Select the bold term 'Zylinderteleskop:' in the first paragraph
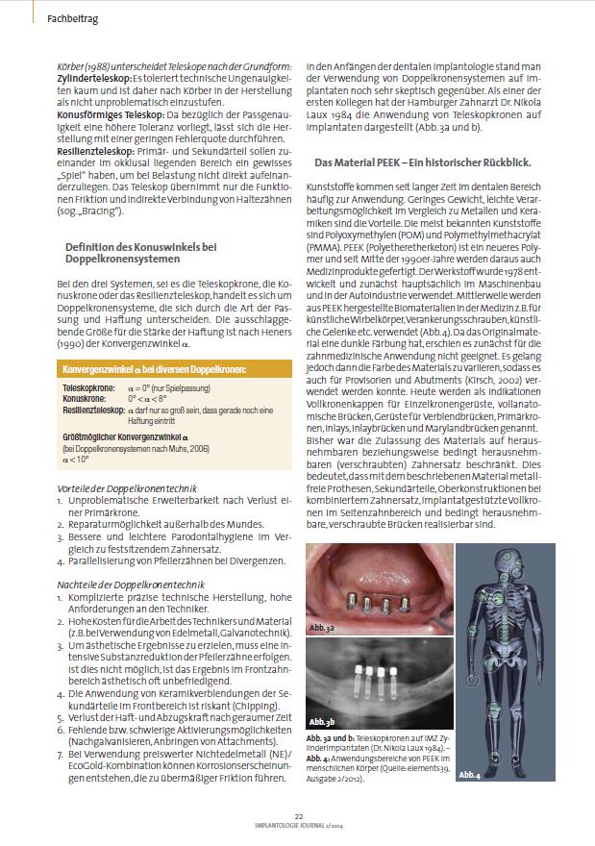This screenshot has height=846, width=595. pyautogui.click(x=93, y=77)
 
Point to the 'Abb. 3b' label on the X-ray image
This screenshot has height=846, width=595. pyautogui.click(x=322, y=720)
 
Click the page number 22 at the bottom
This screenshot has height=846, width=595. pyautogui.click(x=298, y=815)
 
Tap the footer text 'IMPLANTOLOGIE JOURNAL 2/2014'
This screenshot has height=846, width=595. pyautogui.click(x=298, y=825)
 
